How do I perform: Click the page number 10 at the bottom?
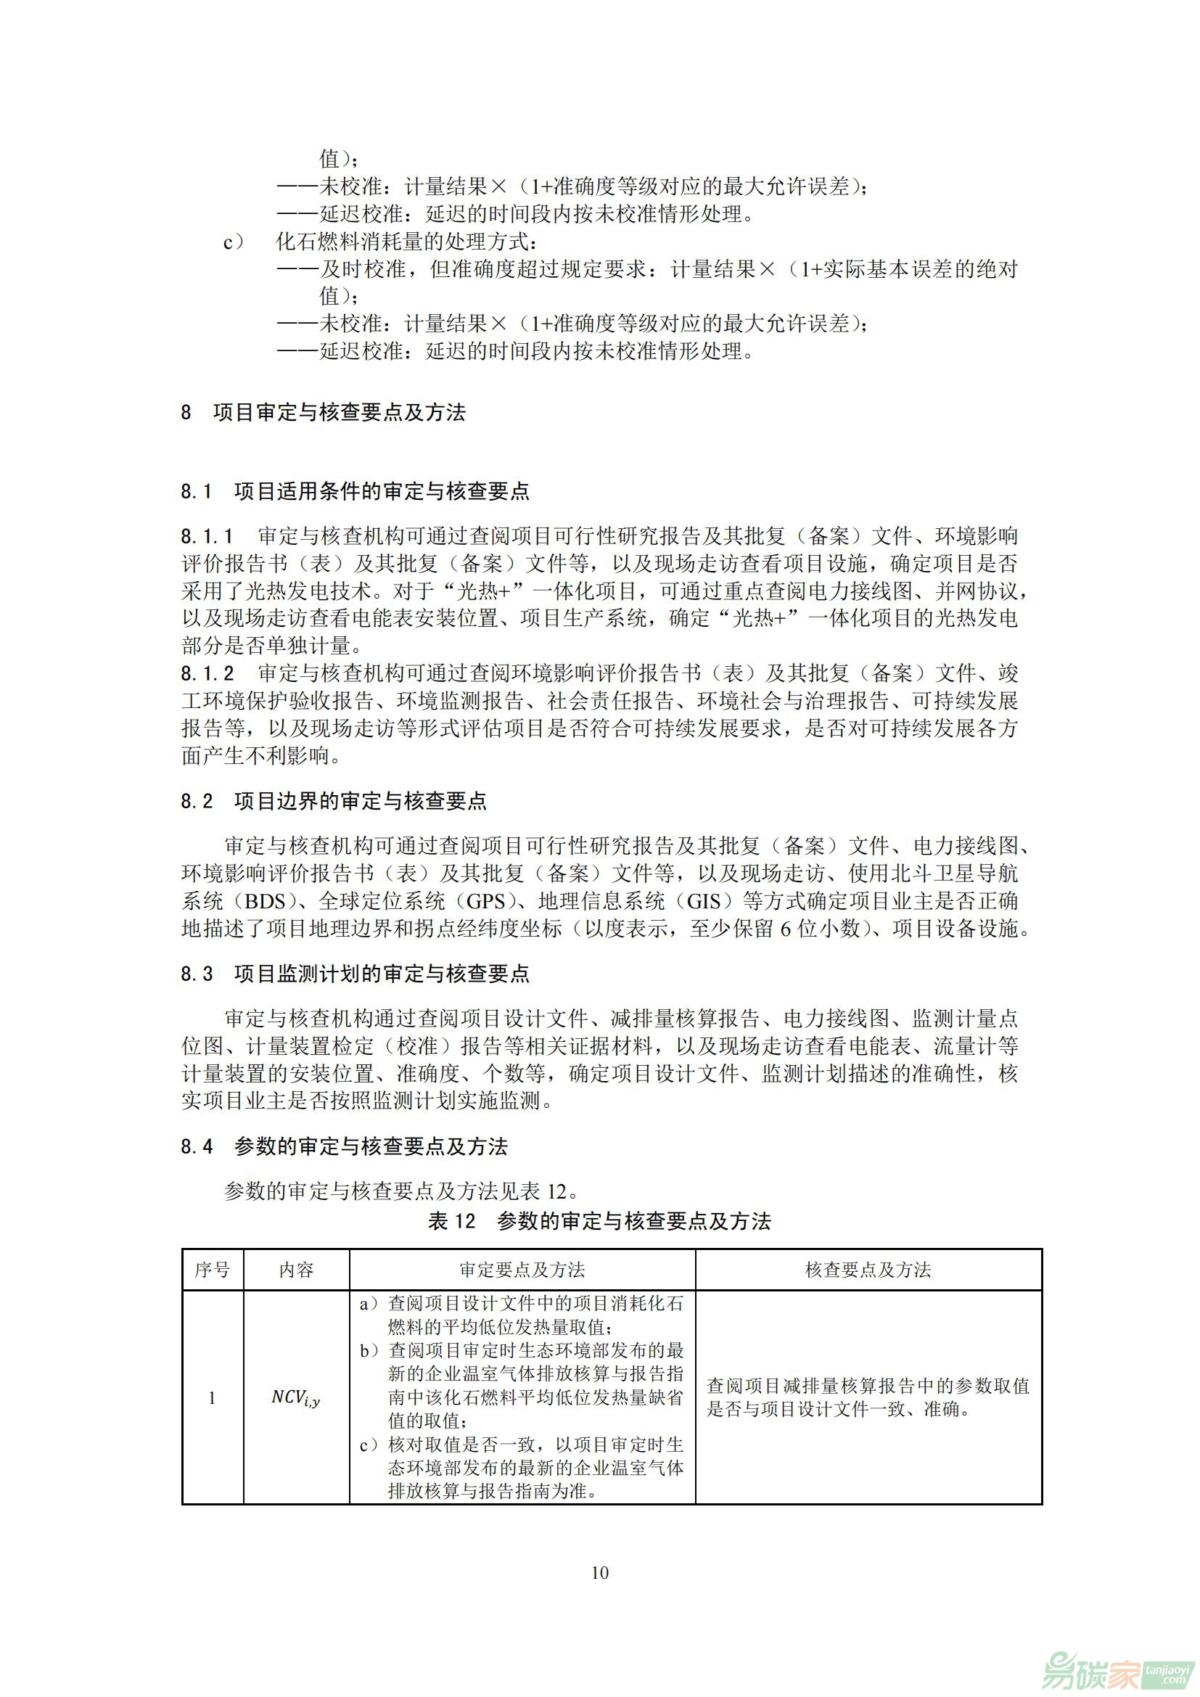coord(599,1572)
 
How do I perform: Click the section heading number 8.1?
coord(197,491)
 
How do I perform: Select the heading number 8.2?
coord(197,801)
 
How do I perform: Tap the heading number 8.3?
coord(197,974)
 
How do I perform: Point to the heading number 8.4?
coord(197,1147)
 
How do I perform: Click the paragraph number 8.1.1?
coord(207,536)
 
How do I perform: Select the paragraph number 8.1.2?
coord(207,673)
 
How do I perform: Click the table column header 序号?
coord(212,1270)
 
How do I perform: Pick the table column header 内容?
coord(296,1270)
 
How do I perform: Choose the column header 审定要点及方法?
coord(522,1270)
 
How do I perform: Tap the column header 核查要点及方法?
coord(868,1270)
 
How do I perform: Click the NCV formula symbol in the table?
coord(295,1397)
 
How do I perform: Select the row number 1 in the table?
coord(212,1397)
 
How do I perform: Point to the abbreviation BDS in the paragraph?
coord(264,902)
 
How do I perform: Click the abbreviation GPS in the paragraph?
coord(485,902)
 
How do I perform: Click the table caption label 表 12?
coord(451,1221)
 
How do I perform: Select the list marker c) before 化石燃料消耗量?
coord(234,242)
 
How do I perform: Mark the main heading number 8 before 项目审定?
coord(186,412)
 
